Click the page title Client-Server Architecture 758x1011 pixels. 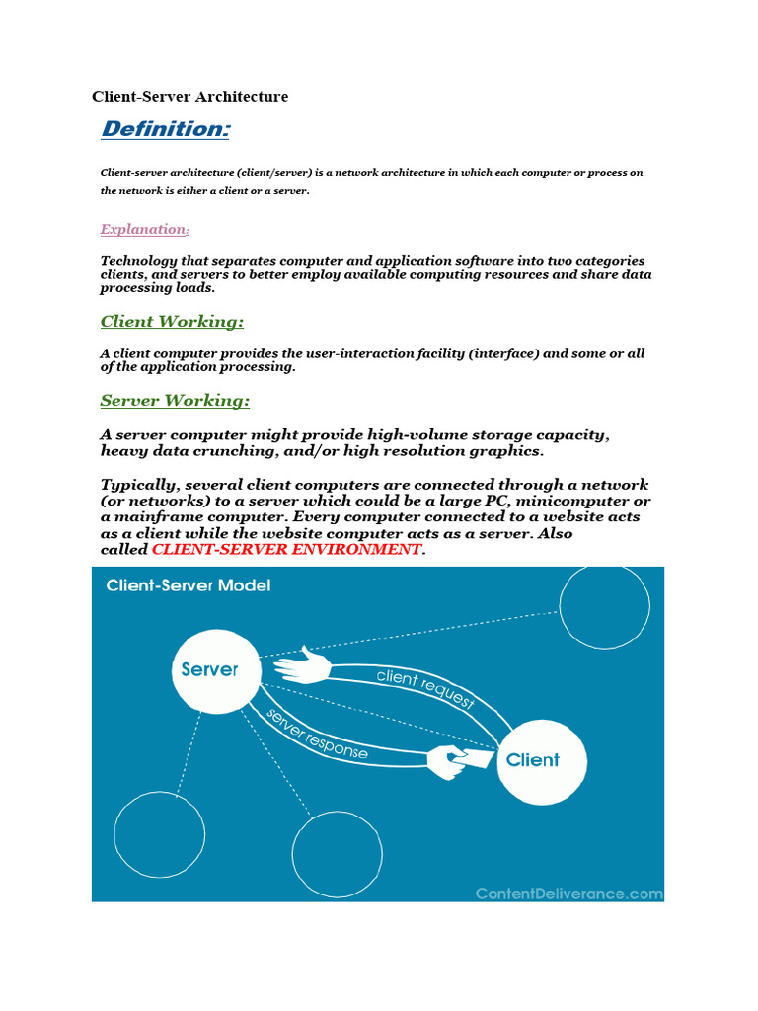point(189,97)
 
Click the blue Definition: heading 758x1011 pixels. point(166,129)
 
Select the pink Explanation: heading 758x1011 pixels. point(144,229)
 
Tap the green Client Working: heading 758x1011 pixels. point(172,322)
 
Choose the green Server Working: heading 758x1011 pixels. point(175,401)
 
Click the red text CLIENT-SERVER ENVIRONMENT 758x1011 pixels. point(286,549)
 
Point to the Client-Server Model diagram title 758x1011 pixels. point(188,585)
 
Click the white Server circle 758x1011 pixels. point(209,670)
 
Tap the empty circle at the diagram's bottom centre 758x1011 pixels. point(337,856)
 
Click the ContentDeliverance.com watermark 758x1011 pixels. point(568,893)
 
